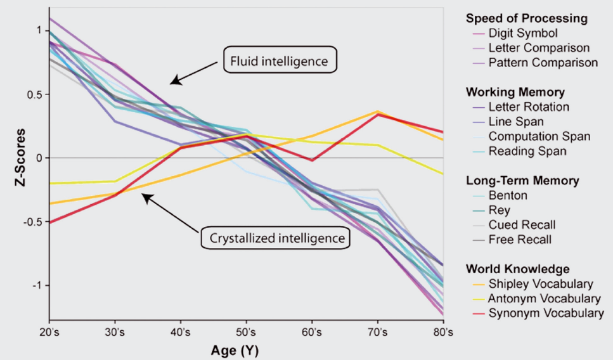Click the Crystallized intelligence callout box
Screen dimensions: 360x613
pos(276,238)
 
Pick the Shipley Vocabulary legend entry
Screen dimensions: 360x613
pos(541,284)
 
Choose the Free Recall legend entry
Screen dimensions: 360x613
pos(520,240)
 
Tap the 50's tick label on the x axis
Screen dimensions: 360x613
pos(245,332)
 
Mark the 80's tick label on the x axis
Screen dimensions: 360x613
pos(442,332)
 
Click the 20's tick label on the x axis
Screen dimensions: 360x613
pos(49,332)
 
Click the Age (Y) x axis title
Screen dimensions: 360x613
pos(235,350)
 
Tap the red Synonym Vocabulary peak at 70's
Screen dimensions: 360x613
pos(377,115)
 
